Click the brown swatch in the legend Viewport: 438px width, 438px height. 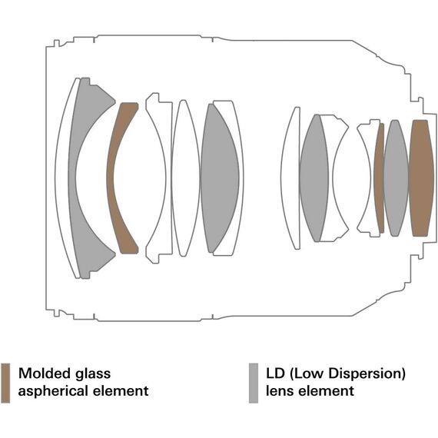click(5, 383)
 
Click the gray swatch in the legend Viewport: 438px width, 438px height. click(254, 383)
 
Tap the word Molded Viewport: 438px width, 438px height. click(45, 373)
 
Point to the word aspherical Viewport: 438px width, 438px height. click(53, 391)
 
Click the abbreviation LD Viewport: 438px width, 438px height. click(275, 373)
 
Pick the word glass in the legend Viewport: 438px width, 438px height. click(93, 374)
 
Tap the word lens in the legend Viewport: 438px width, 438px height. click(280, 390)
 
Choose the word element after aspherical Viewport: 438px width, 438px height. click(121, 390)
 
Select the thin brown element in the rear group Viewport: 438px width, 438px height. click(380, 178)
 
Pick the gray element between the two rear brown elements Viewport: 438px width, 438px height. click(396, 178)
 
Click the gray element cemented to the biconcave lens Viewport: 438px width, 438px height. click(314, 178)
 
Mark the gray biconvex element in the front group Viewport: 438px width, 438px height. click(220, 178)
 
